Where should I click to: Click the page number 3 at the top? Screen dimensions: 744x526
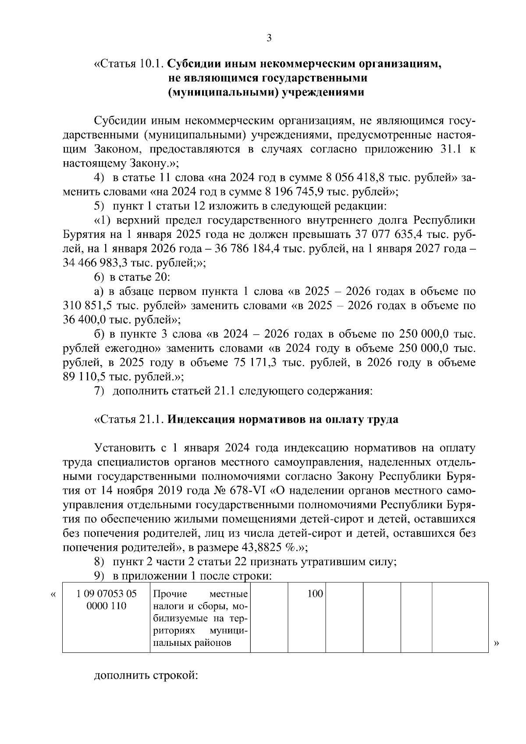coord(269,39)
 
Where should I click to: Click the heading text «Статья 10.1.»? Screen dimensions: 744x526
coord(129,64)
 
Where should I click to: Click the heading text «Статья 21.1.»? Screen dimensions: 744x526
coord(129,419)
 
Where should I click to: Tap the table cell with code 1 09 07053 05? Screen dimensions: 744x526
coord(106,594)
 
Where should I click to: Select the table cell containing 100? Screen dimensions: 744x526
coord(314,594)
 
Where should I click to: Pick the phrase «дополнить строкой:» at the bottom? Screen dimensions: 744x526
coord(146,676)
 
